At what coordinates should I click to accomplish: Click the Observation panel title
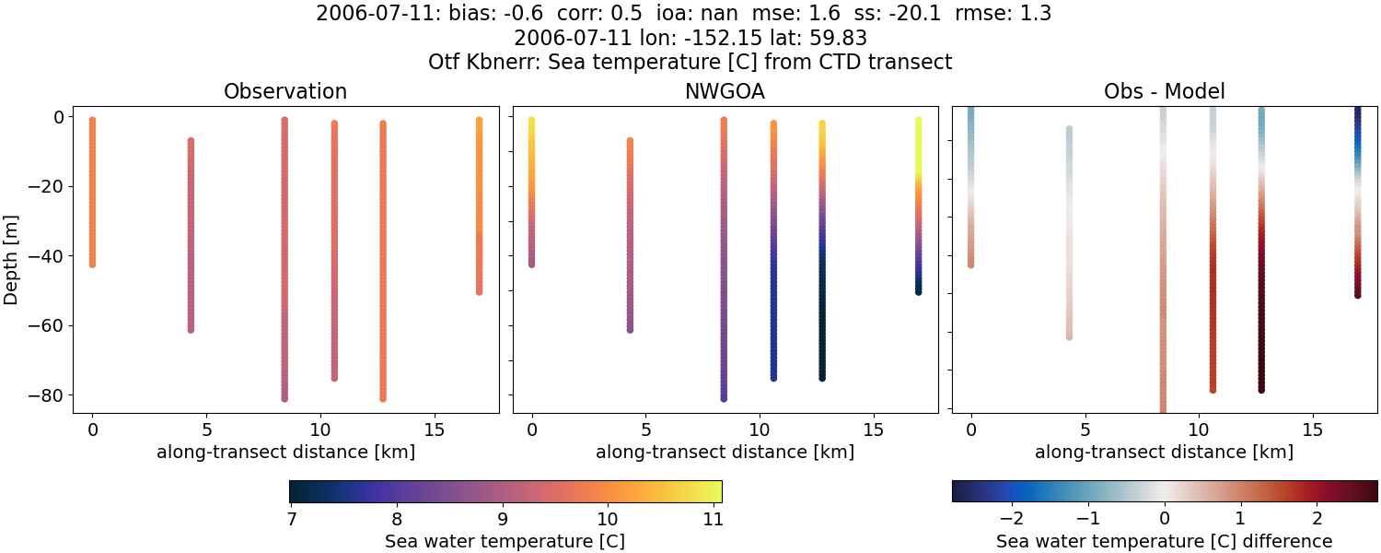point(285,92)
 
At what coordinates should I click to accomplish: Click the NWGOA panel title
point(725,92)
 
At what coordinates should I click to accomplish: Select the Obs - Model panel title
point(1164,92)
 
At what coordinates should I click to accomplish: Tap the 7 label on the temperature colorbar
point(291,519)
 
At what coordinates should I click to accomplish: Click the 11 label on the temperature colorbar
point(712,519)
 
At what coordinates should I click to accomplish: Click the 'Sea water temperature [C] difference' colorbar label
point(1164,542)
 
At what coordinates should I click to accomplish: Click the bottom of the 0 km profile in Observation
point(92,265)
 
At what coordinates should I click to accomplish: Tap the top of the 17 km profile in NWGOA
point(918,120)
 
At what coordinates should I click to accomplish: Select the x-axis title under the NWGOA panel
point(725,453)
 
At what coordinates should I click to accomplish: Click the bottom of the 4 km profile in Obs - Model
point(1069,336)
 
